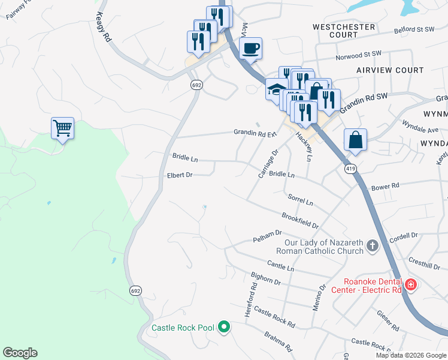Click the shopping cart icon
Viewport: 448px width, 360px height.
pyautogui.click(x=62, y=128)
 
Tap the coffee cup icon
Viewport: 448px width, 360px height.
pyautogui.click(x=250, y=48)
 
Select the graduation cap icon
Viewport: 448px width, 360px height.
pyautogui.click(x=276, y=90)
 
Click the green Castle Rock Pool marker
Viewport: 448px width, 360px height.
pyautogui.click(x=225, y=327)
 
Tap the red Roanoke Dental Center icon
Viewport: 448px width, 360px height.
pyautogui.click(x=410, y=284)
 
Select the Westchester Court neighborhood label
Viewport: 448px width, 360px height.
pyautogui.click(x=344, y=31)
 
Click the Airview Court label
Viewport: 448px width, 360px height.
pyautogui.click(x=389, y=70)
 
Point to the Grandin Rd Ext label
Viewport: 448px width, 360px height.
pyautogui.click(x=256, y=133)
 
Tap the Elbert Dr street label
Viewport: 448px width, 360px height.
pyautogui.click(x=180, y=175)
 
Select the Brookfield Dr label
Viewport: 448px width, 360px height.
pyautogui.click(x=299, y=220)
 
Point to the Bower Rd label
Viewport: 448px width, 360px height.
pyautogui.click(x=385, y=187)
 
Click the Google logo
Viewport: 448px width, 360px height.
pyautogui.click(x=20, y=353)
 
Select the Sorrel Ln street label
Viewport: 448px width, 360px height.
pyautogui.click(x=301, y=200)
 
